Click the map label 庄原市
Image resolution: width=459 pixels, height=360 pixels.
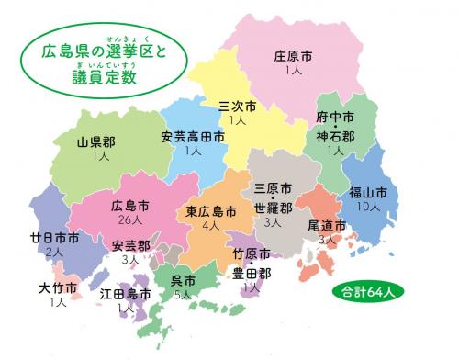[294, 55]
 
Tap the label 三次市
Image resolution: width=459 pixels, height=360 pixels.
[238, 106]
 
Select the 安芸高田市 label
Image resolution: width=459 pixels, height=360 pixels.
[193, 137]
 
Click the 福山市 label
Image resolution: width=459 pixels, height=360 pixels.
[368, 193]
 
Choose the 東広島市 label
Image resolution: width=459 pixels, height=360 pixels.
[211, 211]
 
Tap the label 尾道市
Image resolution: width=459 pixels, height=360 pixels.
[327, 225]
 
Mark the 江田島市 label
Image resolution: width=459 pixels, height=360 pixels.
[126, 295]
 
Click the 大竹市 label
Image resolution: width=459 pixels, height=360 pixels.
[58, 287]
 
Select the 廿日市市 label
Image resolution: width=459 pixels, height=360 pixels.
[54, 238]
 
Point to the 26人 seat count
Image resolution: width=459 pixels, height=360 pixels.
[129, 220]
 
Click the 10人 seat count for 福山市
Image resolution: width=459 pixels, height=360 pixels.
[368, 208]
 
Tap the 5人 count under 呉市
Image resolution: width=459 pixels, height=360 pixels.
[183, 295]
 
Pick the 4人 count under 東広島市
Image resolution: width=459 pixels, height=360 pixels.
[211, 225]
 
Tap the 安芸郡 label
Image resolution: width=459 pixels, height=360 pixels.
[130, 246]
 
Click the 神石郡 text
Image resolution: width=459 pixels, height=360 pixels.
[335, 138]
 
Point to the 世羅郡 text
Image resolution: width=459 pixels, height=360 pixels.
[273, 207]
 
